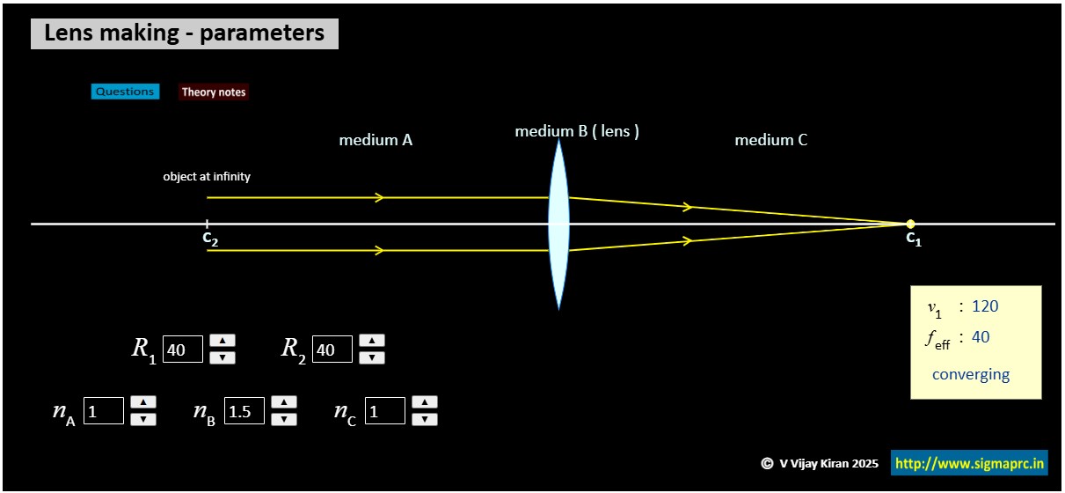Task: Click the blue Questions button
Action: (x=125, y=92)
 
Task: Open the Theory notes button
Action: (x=214, y=92)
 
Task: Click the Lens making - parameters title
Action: (x=185, y=33)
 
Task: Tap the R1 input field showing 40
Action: (x=183, y=350)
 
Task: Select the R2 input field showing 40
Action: (x=332, y=350)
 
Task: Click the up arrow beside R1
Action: (x=222, y=342)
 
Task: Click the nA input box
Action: (x=104, y=411)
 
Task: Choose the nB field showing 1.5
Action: (x=244, y=411)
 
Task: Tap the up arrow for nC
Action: (x=425, y=403)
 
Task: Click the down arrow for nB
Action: (x=283, y=419)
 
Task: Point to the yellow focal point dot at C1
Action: (x=910, y=224)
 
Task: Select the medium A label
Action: (x=376, y=140)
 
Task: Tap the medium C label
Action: (x=771, y=140)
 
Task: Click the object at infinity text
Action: (x=207, y=177)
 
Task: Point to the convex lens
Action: (x=558, y=224)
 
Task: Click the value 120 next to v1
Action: (x=985, y=306)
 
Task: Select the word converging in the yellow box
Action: (x=971, y=374)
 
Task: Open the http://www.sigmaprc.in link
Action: (x=969, y=463)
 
